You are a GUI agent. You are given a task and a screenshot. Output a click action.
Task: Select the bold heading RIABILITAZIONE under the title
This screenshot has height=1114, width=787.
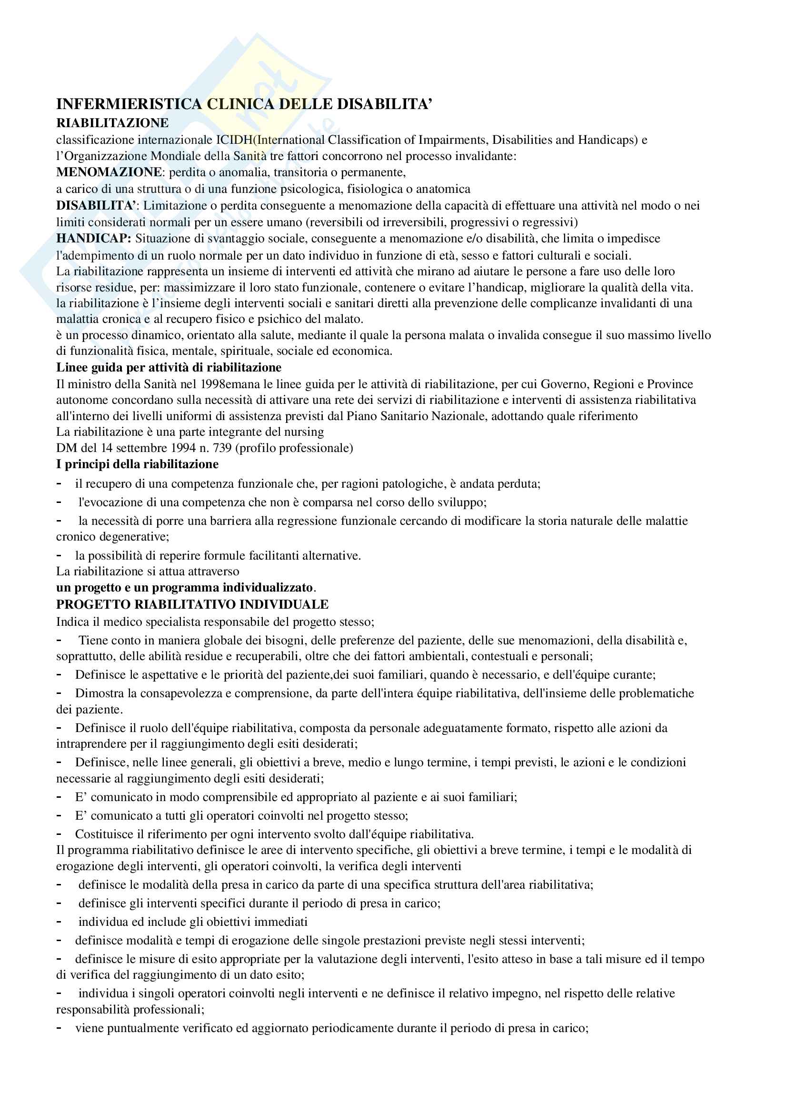pos(112,123)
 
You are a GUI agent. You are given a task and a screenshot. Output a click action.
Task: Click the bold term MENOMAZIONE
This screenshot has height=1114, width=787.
pos(109,172)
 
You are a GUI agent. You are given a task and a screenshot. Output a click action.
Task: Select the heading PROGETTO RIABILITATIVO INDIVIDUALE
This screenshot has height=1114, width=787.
pos(192,604)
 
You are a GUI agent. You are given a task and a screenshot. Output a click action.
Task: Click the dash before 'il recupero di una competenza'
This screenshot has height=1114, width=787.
pos(59,483)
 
